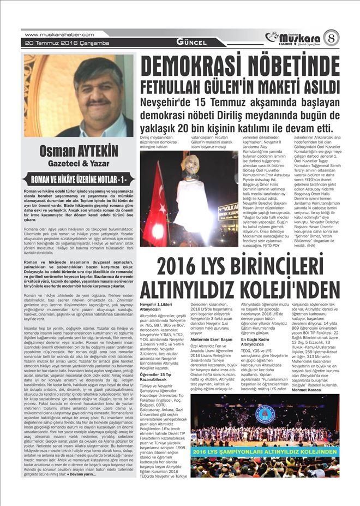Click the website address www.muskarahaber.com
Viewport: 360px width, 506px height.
pyautogui.click(x=59, y=34)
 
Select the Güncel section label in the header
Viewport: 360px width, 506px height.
pyautogui.click(x=191, y=42)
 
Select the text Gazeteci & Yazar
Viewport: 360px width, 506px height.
pyautogui.click(x=78, y=163)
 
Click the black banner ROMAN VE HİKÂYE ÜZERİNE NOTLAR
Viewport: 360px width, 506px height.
pyautogui.click(x=78, y=178)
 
